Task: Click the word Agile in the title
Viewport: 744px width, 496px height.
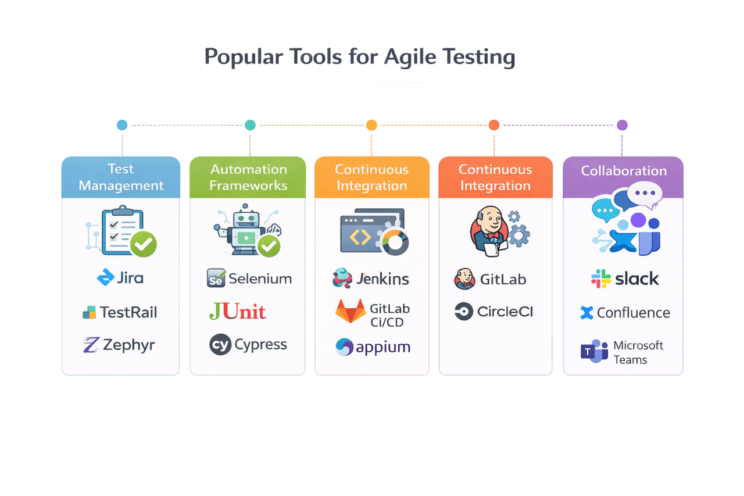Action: tap(409, 58)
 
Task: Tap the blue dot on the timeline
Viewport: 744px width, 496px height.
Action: tap(122, 125)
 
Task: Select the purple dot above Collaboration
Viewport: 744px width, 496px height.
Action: tap(622, 125)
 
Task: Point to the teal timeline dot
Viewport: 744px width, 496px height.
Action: tap(250, 125)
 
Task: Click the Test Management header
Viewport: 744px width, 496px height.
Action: tap(121, 177)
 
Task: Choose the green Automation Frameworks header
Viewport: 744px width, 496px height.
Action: tap(248, 177)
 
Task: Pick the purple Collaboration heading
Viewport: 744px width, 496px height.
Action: tap(624, 171)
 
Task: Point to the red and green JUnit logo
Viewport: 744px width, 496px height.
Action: tap(237, 311)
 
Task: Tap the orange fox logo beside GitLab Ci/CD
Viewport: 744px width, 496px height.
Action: tap(350, 312)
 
